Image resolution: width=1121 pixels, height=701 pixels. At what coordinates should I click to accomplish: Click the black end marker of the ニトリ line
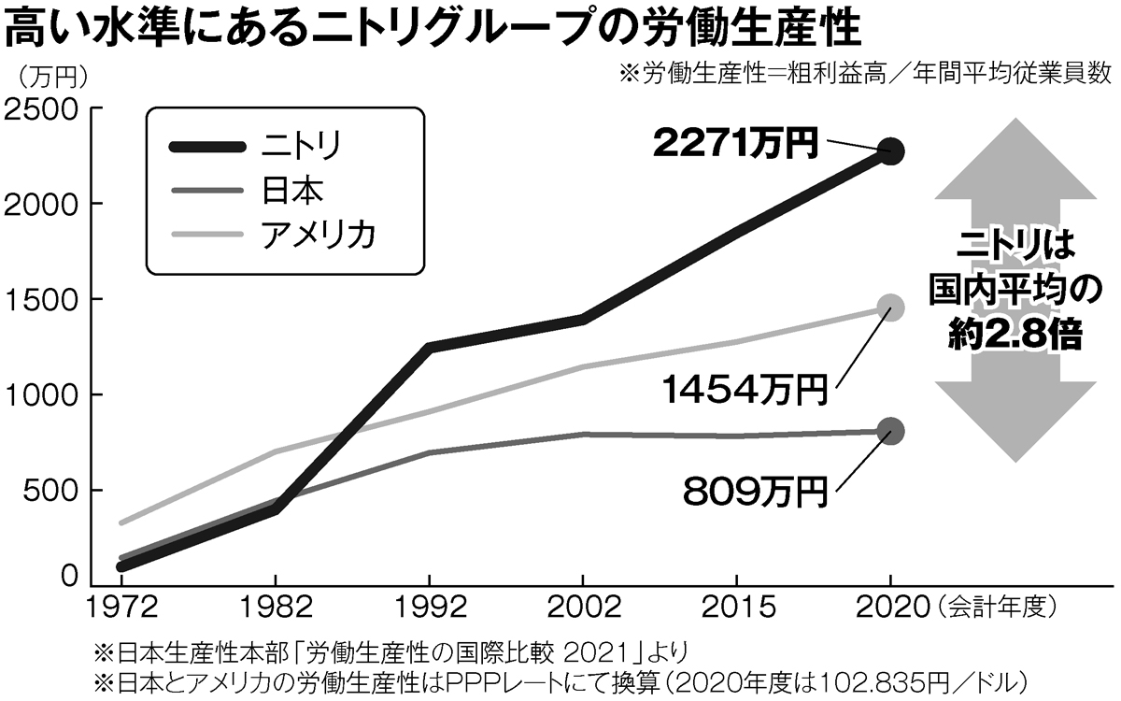[891, 151]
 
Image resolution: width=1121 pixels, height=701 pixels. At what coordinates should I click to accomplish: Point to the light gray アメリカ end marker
[891, 308]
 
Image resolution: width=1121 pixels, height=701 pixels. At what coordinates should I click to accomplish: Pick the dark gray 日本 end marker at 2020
[891, 431]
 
